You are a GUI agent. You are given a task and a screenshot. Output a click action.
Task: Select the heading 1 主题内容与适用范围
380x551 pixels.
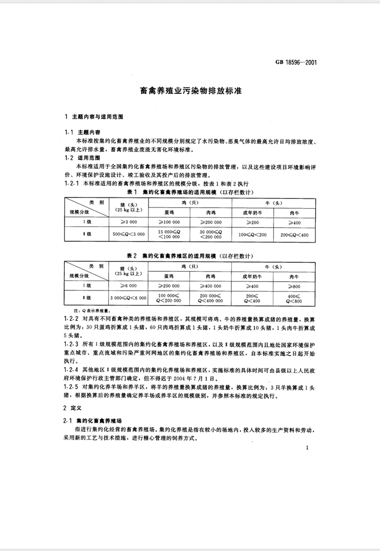click(94, 117)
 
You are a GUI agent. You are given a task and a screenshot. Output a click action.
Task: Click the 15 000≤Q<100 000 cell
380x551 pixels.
click(171, 234)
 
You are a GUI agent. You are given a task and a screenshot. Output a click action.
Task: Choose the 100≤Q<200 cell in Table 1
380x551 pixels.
click(252, 234)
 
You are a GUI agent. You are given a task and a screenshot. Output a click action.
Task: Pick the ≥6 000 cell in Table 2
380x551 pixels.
click(130, 285)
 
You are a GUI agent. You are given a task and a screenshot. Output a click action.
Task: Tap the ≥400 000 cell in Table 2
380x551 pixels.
click(211, 285)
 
